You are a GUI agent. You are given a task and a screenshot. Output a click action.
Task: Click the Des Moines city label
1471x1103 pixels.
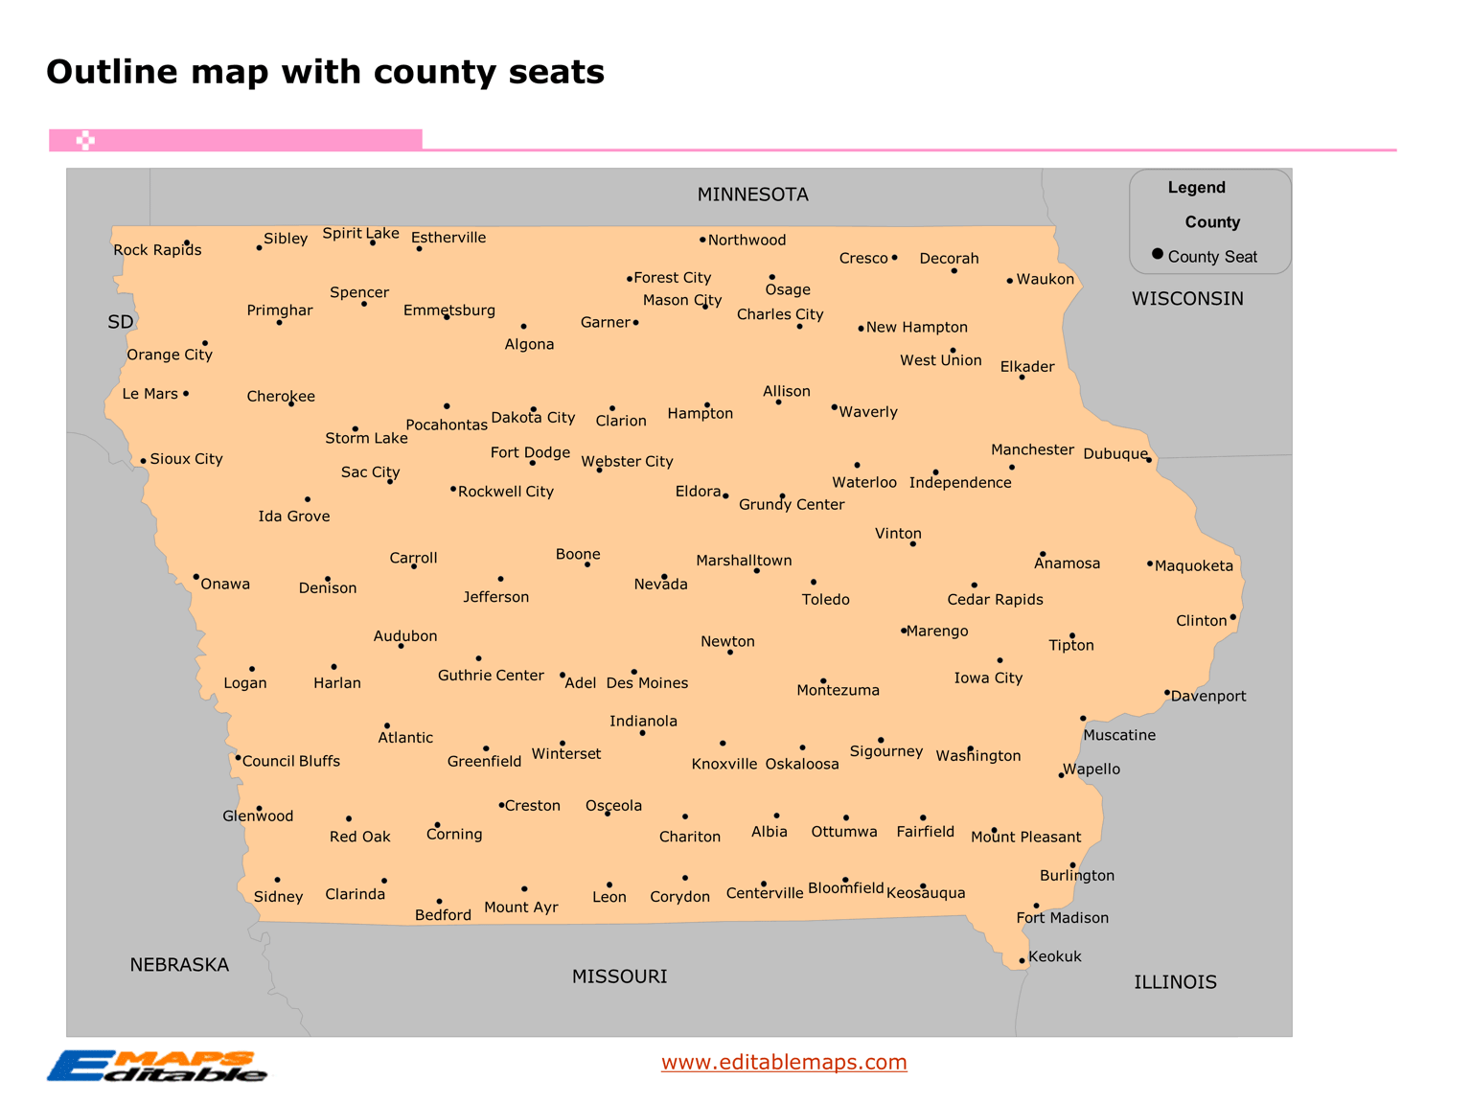point(647,683)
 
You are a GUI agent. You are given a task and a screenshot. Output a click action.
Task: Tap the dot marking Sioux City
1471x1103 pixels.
point(144,461)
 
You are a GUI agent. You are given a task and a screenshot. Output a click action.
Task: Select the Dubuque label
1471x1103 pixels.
point(1115,454)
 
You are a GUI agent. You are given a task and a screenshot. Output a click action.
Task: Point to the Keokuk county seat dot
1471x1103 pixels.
point(1023,960)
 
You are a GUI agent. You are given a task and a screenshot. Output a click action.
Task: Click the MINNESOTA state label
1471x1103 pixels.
point(752,195)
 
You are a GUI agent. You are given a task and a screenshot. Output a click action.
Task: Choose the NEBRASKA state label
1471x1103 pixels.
point(179,965)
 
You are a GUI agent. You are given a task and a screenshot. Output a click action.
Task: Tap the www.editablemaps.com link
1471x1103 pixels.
point(784,1062)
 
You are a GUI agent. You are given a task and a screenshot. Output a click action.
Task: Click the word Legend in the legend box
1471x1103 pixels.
point(1196,188)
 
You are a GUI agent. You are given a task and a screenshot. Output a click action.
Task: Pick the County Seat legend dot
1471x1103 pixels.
point(1158,254)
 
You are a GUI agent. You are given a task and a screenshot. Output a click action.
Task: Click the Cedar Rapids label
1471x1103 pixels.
point(995,600)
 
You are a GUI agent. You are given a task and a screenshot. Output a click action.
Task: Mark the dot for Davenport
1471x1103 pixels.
point(1167,692)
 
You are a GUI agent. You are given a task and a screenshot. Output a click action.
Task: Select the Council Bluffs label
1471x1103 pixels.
point(290,761)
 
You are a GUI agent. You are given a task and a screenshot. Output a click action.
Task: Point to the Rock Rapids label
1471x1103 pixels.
point(157,250)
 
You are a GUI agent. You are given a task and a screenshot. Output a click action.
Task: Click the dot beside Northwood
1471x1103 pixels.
point(702,240)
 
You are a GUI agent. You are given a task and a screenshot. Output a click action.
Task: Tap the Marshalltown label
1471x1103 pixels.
point(744,561)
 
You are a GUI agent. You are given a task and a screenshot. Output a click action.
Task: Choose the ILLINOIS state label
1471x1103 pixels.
point(1175,982)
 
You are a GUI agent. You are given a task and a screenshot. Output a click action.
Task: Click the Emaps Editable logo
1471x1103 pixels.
point(157,1066)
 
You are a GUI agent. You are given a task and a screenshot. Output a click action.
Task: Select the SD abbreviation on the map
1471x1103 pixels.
point(121,322)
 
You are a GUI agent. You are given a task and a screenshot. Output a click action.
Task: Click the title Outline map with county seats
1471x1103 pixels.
point(325,72)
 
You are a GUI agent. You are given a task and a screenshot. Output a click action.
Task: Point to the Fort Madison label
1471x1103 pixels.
point(1062,918)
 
